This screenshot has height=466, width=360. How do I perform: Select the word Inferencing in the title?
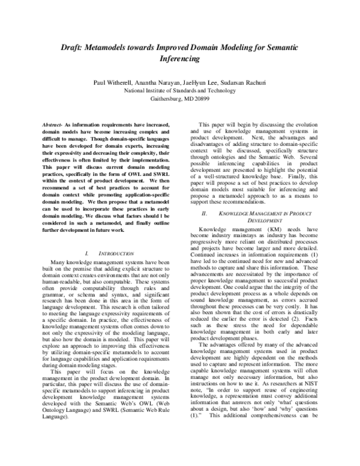click(x=180, y=60)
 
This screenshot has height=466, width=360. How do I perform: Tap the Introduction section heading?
click(x=115, y=255)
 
